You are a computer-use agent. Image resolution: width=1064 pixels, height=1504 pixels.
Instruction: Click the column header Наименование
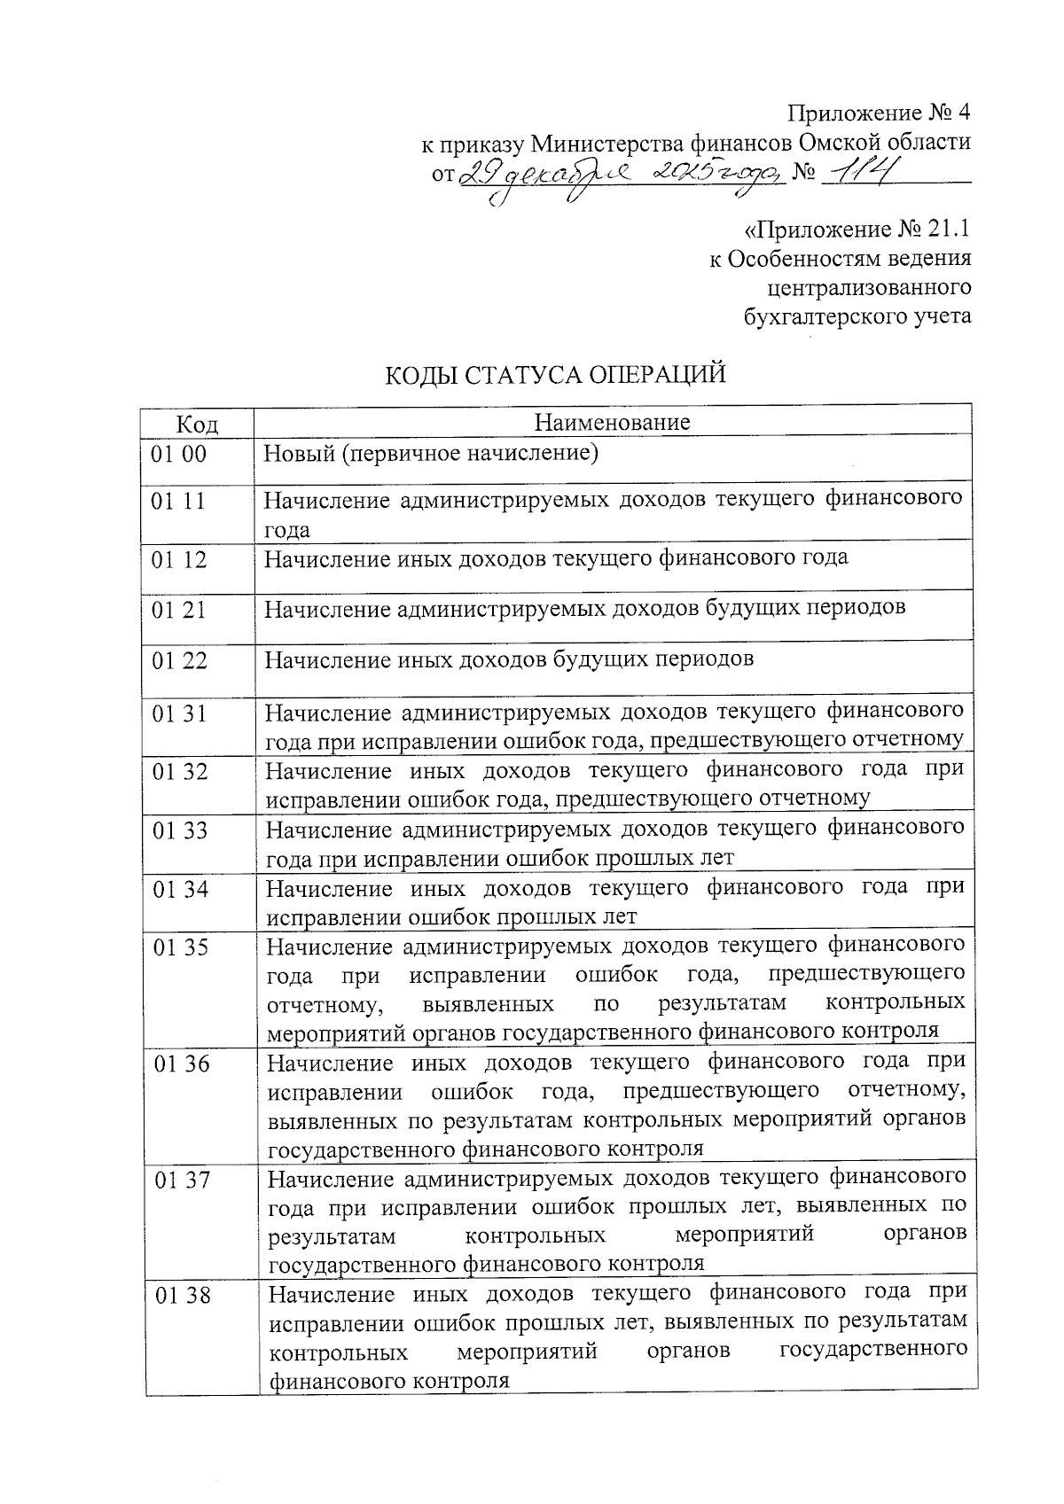tap(612, 421)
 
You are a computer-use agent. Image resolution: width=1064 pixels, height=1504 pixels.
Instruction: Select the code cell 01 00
tap(178, 455)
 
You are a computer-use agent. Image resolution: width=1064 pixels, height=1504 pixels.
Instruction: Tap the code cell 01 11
tap(178, 502)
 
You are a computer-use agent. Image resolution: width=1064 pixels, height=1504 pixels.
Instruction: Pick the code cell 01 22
tap(179, 660)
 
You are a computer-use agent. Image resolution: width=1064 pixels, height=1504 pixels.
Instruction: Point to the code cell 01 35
tap(181, 947)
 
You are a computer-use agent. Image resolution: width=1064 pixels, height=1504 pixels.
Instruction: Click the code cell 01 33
tap(180, 830)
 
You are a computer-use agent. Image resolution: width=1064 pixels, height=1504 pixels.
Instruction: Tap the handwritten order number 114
tap(857, 172)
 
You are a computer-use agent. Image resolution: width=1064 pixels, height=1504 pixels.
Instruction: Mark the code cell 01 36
tap(182, 1064)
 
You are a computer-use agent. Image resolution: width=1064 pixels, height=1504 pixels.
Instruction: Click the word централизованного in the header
tap(868, 287)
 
